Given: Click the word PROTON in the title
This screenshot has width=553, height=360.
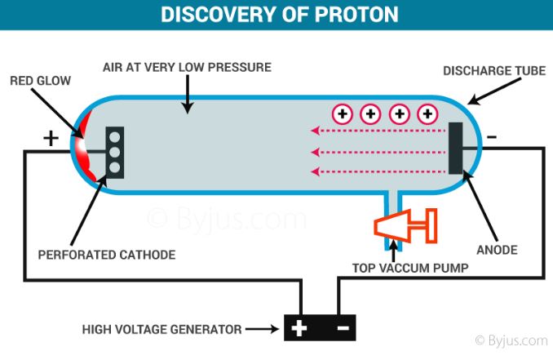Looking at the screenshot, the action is [356, 15].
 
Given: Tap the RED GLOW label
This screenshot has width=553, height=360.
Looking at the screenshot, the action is [40, 81].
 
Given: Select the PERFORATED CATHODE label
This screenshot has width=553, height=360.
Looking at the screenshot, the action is [107, 255].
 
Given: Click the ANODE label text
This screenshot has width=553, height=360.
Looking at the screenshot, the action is [497, 250].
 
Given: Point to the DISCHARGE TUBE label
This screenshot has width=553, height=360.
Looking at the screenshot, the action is [494, 71].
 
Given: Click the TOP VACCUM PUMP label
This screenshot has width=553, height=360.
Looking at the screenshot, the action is [410, 268].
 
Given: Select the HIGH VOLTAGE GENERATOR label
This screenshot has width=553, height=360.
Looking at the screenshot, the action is [161, 329].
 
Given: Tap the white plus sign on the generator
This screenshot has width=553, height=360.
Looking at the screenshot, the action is [299, 328].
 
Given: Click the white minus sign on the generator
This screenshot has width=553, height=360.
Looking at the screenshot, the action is [343, 328].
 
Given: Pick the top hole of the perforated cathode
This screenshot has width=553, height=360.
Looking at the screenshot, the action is [115, 137].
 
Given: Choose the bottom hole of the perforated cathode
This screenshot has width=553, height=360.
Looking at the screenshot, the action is [115, 167].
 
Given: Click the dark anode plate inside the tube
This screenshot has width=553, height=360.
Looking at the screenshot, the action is [455, 149].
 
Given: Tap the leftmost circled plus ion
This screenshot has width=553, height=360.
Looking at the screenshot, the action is [343, 114].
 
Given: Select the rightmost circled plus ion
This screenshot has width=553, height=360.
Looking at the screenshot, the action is [427, 114].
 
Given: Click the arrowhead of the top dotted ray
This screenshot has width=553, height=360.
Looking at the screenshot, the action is [315, 131].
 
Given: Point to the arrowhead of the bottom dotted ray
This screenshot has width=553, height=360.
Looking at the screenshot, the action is [315, 172].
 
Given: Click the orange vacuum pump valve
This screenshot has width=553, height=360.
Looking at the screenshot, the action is [405, 226].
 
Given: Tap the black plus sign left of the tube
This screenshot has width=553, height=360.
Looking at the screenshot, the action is [51, 138].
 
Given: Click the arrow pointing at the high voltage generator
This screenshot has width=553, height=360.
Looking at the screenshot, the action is [262, 329].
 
